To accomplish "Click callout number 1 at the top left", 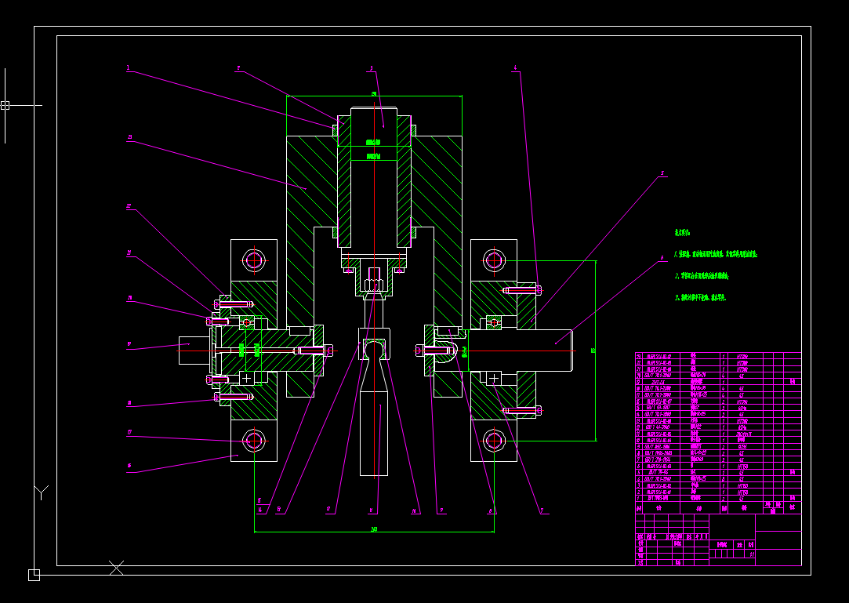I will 128,68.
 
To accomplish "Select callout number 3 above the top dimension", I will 372,68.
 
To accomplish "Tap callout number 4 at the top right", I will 515,69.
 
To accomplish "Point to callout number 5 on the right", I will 662,173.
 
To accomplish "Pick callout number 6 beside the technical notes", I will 662,257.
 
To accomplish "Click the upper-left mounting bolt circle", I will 253,260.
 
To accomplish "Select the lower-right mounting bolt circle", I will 494,441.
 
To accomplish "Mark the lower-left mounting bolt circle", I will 253,441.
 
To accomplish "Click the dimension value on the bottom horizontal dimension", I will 374,529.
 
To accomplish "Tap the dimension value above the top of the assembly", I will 374,93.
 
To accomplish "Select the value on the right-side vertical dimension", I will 593,351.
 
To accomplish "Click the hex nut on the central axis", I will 374,278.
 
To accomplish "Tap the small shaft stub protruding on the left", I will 194,351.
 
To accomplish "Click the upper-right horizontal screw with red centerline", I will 521,290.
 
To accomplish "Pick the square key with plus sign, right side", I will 493,379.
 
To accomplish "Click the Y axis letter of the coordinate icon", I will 41,492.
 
